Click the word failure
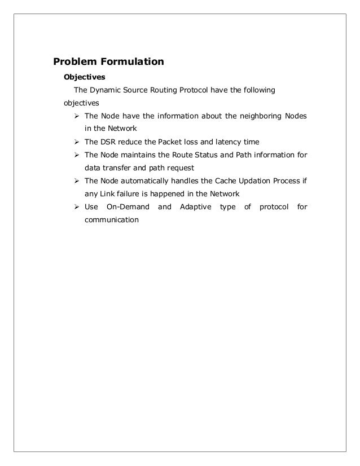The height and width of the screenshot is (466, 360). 122,194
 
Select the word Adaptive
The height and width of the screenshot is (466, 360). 195,206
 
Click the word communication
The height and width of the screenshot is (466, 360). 111,219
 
